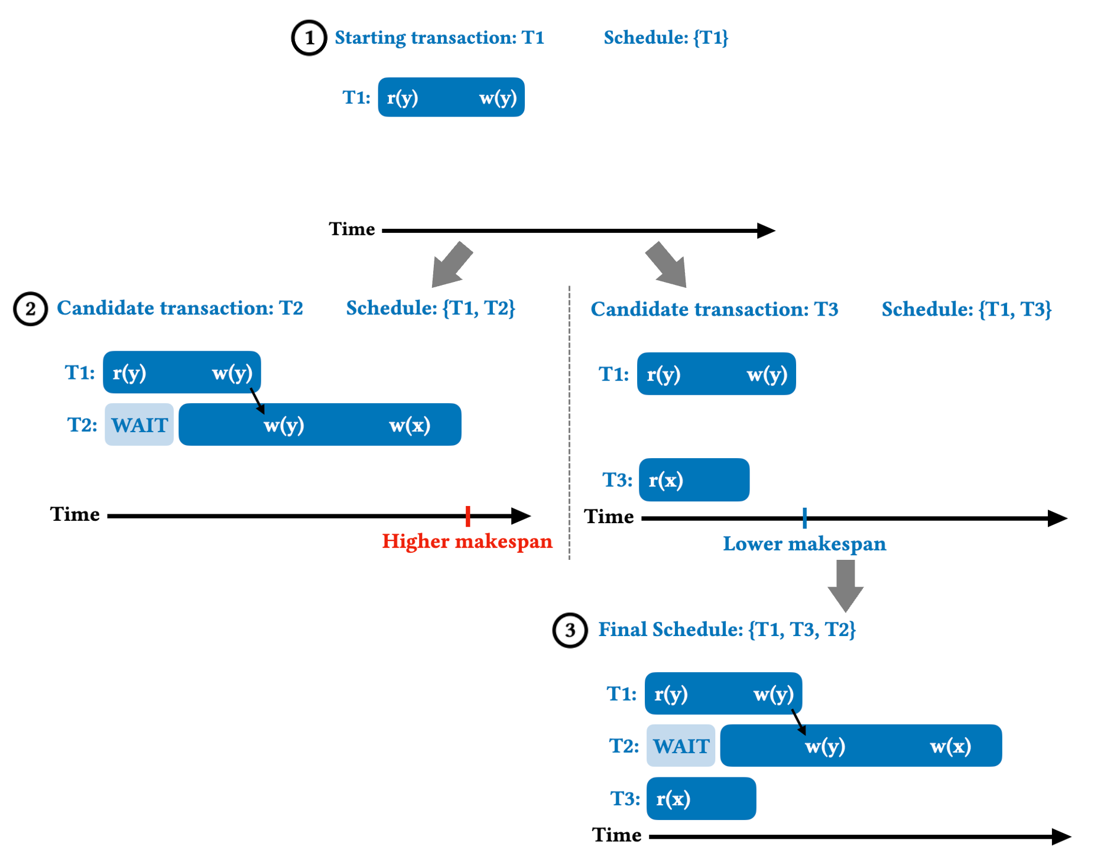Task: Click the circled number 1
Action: pos(309,38)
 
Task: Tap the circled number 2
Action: pos(30,309)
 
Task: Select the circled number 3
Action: pos(570,630)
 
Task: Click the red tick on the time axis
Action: pos(467,516)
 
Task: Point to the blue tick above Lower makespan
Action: pos(804,518)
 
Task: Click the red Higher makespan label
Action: pos(467,542)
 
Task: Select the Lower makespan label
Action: pos(804,544)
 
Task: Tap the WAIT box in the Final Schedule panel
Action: pos(681,746)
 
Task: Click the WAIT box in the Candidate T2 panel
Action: pos(139,425)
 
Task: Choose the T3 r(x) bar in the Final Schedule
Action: pos(701,799)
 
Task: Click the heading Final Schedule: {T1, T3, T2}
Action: pos(726,630)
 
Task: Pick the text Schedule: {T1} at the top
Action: pos(665,38)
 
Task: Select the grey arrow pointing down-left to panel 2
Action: pos(452,264)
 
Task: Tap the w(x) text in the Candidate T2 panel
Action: pos(410,425)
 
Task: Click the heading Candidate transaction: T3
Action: pos(714,309)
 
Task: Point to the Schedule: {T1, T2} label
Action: pos(430,308)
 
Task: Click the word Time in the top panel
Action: pos(352,229)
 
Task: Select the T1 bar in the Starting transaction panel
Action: pos(451,98)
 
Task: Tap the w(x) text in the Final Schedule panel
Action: pos(950,746)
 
